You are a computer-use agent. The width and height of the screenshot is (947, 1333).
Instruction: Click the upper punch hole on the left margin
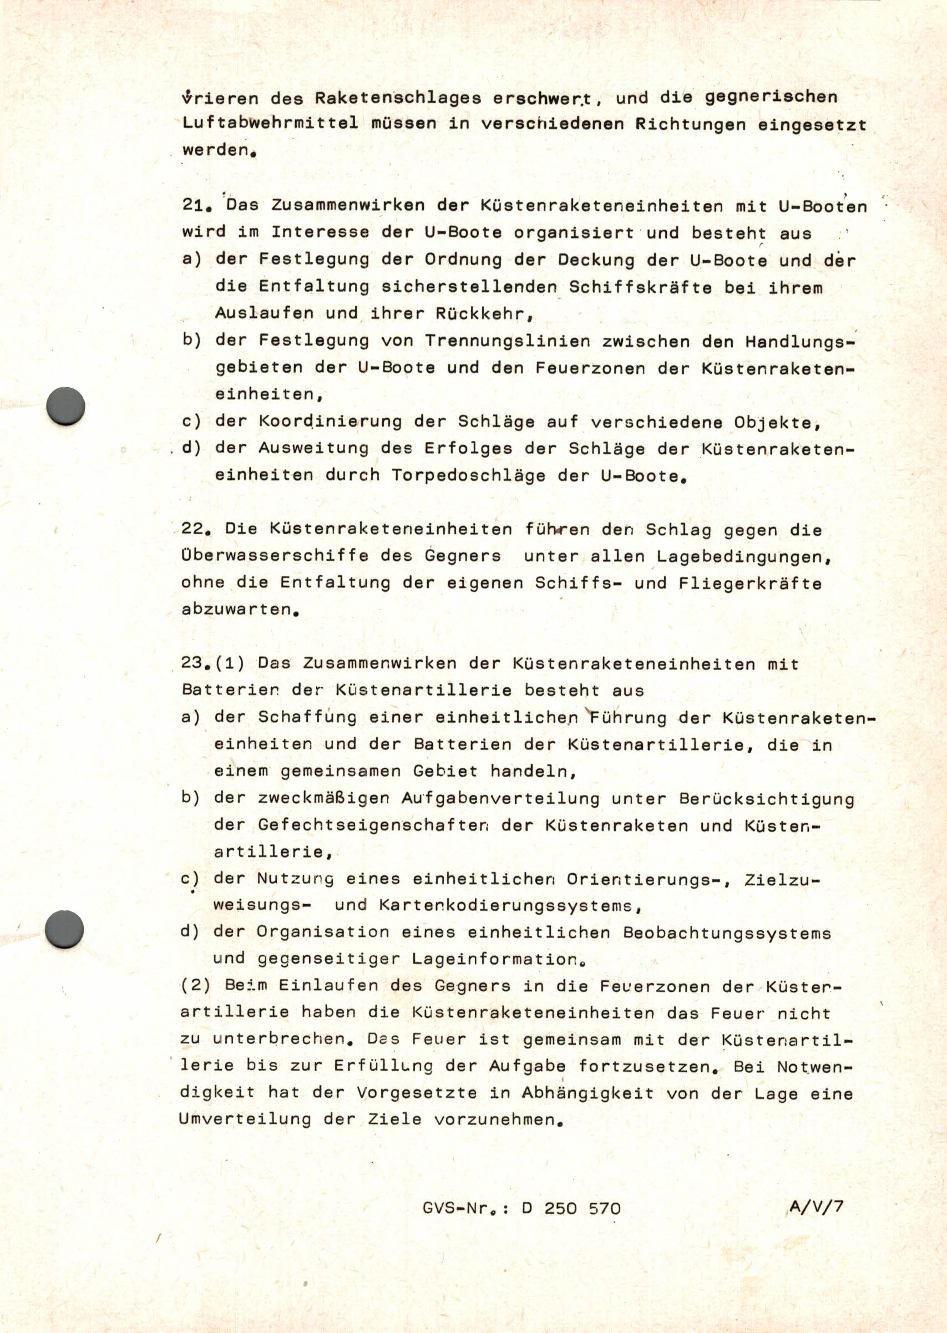(x=65, y=406)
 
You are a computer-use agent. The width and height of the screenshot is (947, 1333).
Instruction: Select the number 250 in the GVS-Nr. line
(x=560, y=1208)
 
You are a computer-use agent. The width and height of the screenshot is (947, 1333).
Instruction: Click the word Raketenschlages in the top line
(x=398, y=98)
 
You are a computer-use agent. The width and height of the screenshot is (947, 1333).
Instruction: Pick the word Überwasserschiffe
(x=275, y=556)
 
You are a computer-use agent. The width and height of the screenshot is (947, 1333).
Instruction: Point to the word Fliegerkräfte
(x=750, y=583)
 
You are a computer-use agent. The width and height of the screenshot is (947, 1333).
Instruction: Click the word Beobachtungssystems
(x=727, y=932)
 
